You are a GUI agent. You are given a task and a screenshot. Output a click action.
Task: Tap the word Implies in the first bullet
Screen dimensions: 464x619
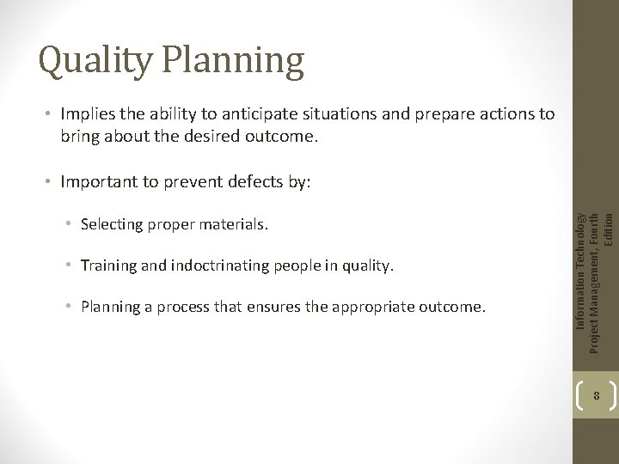(x=89, y=114)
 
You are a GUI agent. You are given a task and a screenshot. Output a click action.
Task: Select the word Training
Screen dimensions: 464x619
(x=106, y=266)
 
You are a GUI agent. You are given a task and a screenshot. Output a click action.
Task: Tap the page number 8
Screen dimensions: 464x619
(x=595, y=396)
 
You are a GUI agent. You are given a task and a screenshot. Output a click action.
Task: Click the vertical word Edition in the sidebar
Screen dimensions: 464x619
(x=609, y=229)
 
